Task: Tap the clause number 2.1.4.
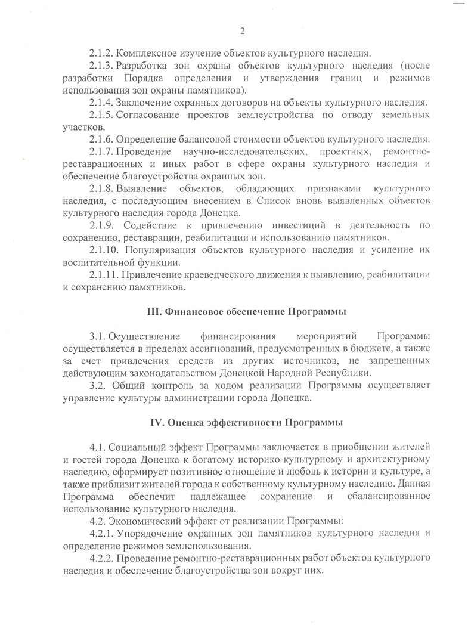pyautogui.click(x=101, y=103)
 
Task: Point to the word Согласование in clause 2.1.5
pyautogui.click(x=149, y=114)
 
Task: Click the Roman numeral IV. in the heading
pyautogui.click(x=156, y=423)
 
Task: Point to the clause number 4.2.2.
pyautogui.click(x=101, y=558)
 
